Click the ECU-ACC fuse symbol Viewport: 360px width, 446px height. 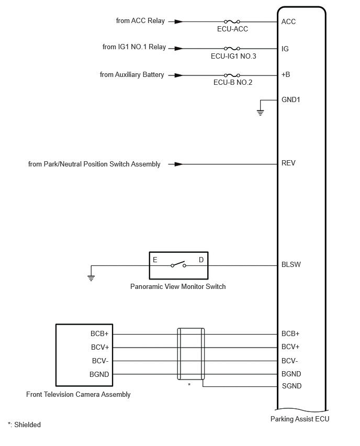click(232, 22)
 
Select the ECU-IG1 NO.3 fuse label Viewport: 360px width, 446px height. click(233, 56)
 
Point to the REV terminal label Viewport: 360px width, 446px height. click(288, 163)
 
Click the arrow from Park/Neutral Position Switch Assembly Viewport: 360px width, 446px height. click(178, 164)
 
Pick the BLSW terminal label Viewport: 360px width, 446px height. click(291, 264)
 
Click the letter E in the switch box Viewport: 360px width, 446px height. click(155, 260)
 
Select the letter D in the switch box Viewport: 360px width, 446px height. click(201, 260)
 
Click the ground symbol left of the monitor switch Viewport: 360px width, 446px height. click(91, 277)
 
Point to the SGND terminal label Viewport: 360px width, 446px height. click(291, 386)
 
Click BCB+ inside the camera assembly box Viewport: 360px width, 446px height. click(99, 333)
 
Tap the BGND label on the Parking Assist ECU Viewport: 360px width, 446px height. click(291, 374)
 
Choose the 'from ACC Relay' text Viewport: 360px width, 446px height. click(140, 21)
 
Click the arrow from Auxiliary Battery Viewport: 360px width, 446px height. click(178, 75)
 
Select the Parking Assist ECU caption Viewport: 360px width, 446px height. click(300, 419)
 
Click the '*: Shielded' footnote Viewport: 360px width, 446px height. click(24, 425)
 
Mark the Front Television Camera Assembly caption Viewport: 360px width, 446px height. click(78, 394)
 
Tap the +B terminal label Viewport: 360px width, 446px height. click(286, 75)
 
